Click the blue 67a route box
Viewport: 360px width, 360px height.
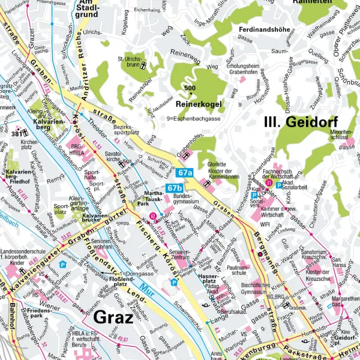[185, 173]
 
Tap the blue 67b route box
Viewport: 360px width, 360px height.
[175, 188]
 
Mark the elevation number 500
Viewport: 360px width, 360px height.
[190, 89]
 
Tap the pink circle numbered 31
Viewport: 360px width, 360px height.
[269, 184]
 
